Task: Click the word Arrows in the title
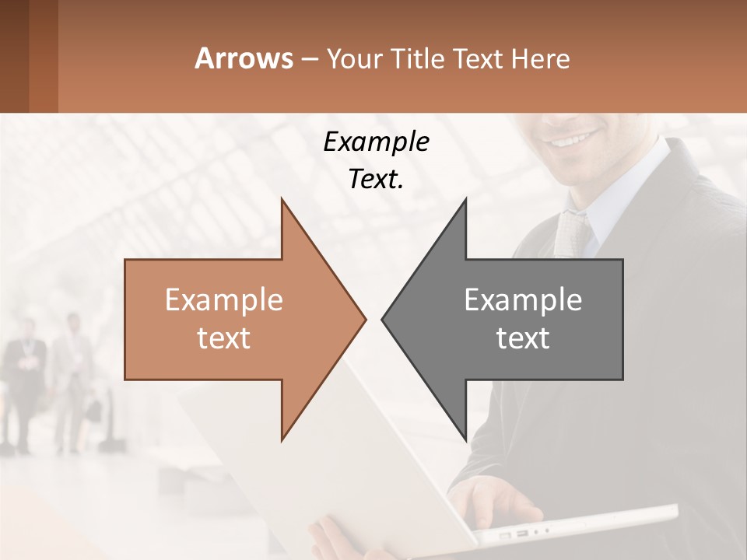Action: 244,58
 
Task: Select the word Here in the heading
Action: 540,58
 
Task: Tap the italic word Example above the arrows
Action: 376,142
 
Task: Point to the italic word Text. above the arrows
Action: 376,180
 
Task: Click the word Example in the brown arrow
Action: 223,300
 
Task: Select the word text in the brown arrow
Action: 223,338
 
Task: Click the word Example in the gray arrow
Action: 523,300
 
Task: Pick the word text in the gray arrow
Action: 523,338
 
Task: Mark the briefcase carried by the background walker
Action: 93,409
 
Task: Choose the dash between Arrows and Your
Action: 309,59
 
